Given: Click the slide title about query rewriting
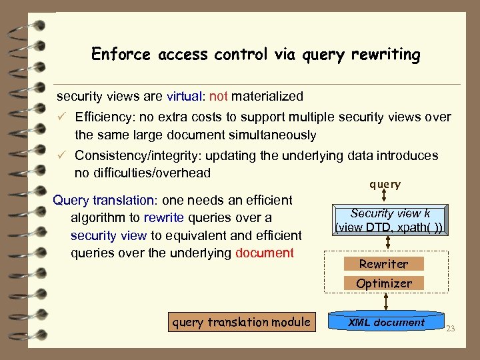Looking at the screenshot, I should tap(256, 54).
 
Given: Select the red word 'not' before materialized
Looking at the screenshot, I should tap(218, 97).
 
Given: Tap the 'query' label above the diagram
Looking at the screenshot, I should tap(385, 185).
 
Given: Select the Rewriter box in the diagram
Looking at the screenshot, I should tap(383, 264).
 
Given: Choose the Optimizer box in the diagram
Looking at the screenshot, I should tap(383, 283).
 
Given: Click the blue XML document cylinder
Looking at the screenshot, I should tap(386, 323).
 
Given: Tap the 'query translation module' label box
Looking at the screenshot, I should tap(241, 323).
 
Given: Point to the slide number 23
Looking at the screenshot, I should tap(449, 328).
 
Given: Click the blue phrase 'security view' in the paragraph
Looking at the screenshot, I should tap(109, 235).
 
